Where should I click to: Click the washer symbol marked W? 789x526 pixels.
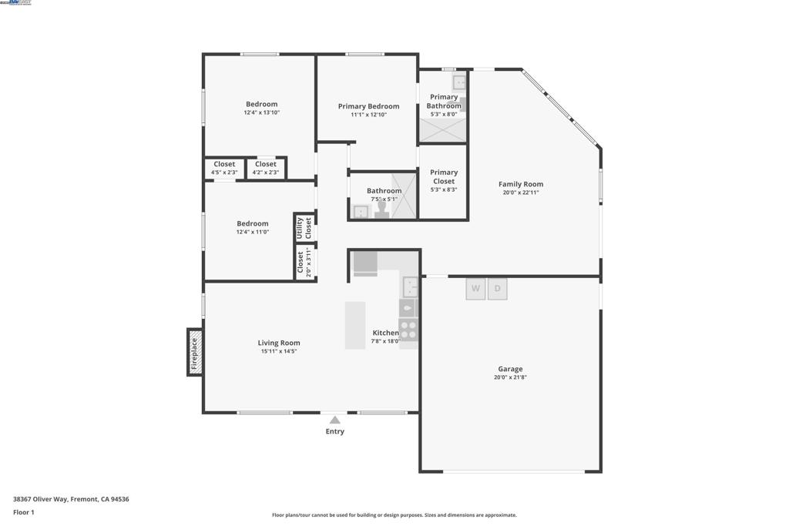pyautogui.click(x=475, y=289)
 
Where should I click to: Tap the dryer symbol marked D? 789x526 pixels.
pyautogui.click(x=498, y=289)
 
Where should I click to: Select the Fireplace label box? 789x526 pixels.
pyautogui.click(x=195, y=353)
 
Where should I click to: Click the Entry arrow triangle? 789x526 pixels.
pyautogui.click(x=334, y=420)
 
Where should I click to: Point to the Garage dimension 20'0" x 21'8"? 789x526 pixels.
pyautogui.click(x=510, y=377)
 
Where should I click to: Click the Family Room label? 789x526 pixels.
pyautogui.click(x=521, y=184)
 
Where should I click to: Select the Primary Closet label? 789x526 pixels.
pyautogui.click(x=444, y=177)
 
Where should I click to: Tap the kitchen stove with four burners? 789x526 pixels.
pyautogui.click(x=408, y=330)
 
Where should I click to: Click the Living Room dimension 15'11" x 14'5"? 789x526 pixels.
pyautogui.click(x=279, y=351)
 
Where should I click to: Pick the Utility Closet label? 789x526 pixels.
pyautogui.click(x=304, y=228)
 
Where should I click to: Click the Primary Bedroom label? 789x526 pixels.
pyautogui.click(x=368, y=106)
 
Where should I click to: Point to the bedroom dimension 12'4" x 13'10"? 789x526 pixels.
pyautogui.click(x=261, y=112)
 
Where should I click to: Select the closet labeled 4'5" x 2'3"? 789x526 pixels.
pyautogui.click(x=224, y=168)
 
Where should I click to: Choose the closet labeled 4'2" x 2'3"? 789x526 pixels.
pyautogui.click(x=266, y=168)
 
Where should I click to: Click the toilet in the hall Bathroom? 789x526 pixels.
pyautogui.click(x=381, y=211)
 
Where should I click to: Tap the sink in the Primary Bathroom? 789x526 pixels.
pyautogui.click(x=459, y=82)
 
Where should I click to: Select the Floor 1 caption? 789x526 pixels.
pyautogui.click(x=24, y=512)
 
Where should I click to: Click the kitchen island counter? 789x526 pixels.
pyautogui.click(x=355, y=325)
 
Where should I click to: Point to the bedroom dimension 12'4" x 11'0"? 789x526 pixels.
pyautogui.click(x=252, y=232)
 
